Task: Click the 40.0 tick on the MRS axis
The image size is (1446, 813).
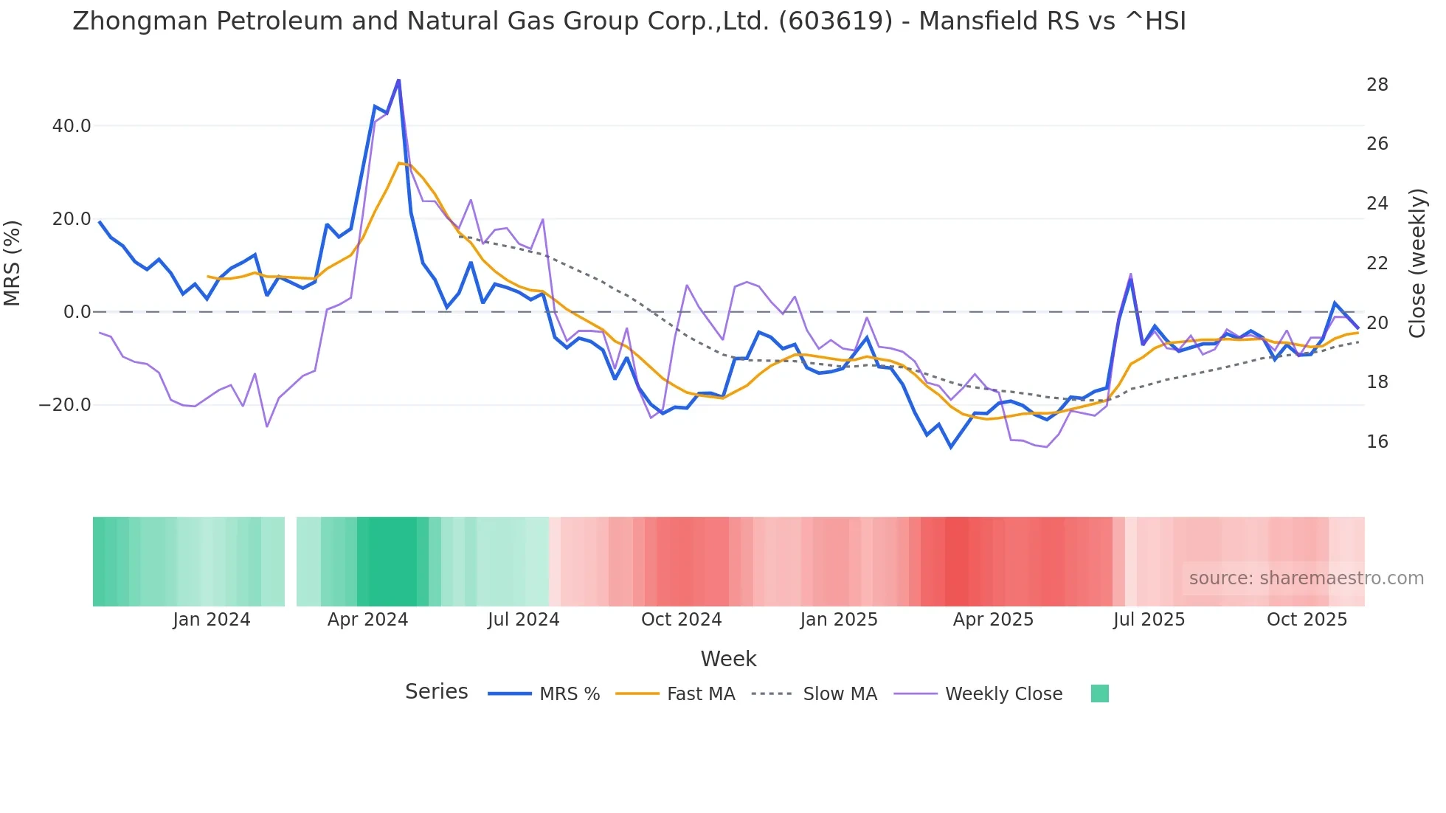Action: [x=72, y=126]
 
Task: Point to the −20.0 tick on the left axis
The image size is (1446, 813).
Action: [x=65, y=405]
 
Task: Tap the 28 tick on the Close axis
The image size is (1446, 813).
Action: [x=1377, y=85]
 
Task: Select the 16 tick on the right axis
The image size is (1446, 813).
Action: [x=1377, y=442]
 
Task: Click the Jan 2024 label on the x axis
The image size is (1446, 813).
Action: [x=212, y=620]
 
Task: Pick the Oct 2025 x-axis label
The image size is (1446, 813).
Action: [x=1307, y=620]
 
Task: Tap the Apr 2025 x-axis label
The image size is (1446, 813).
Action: [x=993, y=620]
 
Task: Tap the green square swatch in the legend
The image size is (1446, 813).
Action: [x=1099, y=694]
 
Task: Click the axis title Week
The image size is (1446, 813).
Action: [x=728, y=659]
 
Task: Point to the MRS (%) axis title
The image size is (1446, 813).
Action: [x=13, y=263]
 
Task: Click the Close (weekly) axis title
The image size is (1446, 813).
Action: [x=1417, y=263]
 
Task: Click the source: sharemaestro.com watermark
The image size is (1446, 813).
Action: [x=1306, y=578]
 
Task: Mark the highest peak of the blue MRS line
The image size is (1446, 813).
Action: [x=398, y=80]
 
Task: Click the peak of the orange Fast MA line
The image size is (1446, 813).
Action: [x=399, y=163]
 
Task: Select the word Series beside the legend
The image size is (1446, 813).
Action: [x=436, y=692]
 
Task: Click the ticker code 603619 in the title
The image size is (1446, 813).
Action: [x=835, y=21]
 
